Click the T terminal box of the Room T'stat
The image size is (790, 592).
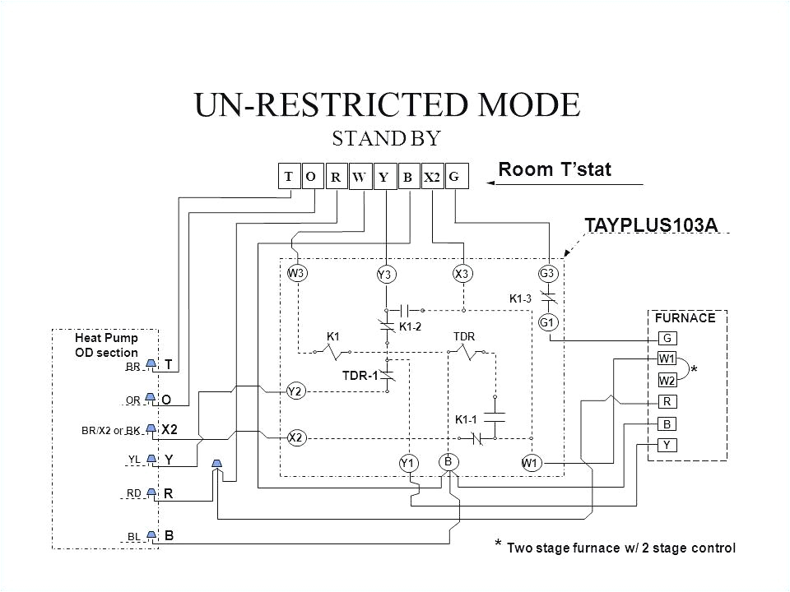289,177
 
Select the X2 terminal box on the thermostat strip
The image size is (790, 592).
432,178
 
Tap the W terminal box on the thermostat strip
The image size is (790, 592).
360,178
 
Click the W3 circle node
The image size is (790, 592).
296,273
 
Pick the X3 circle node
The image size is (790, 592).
461,273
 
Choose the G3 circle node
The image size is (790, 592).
548,273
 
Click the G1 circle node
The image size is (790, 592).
548,323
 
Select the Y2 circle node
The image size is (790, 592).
296,391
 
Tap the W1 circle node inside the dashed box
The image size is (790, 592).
530,463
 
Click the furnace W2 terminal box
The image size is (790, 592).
667,380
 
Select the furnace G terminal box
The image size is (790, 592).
667,337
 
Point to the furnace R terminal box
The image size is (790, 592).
667,403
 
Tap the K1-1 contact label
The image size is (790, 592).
467,419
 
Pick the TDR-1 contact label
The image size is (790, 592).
360,376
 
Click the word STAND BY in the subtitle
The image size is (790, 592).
387,136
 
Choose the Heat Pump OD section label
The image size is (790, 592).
106,345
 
